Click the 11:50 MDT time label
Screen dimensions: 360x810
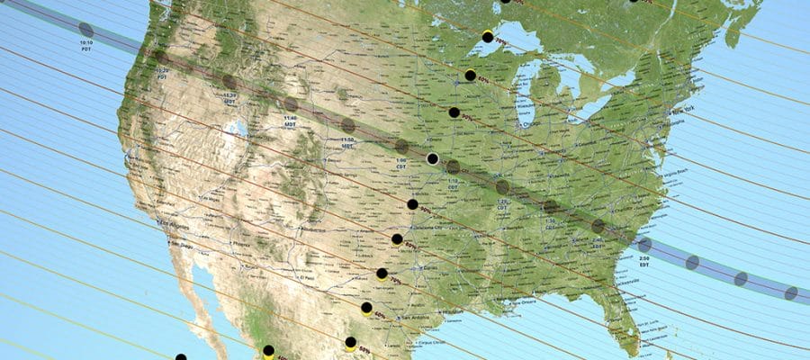click(346, 142)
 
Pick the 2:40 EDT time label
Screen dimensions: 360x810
click(598, 244)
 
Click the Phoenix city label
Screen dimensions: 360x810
click(239, 244)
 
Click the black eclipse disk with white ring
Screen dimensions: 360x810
click(432, 158)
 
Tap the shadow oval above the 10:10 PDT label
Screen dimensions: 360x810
click(85, 29)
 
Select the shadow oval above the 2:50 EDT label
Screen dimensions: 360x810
click(644, 245)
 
